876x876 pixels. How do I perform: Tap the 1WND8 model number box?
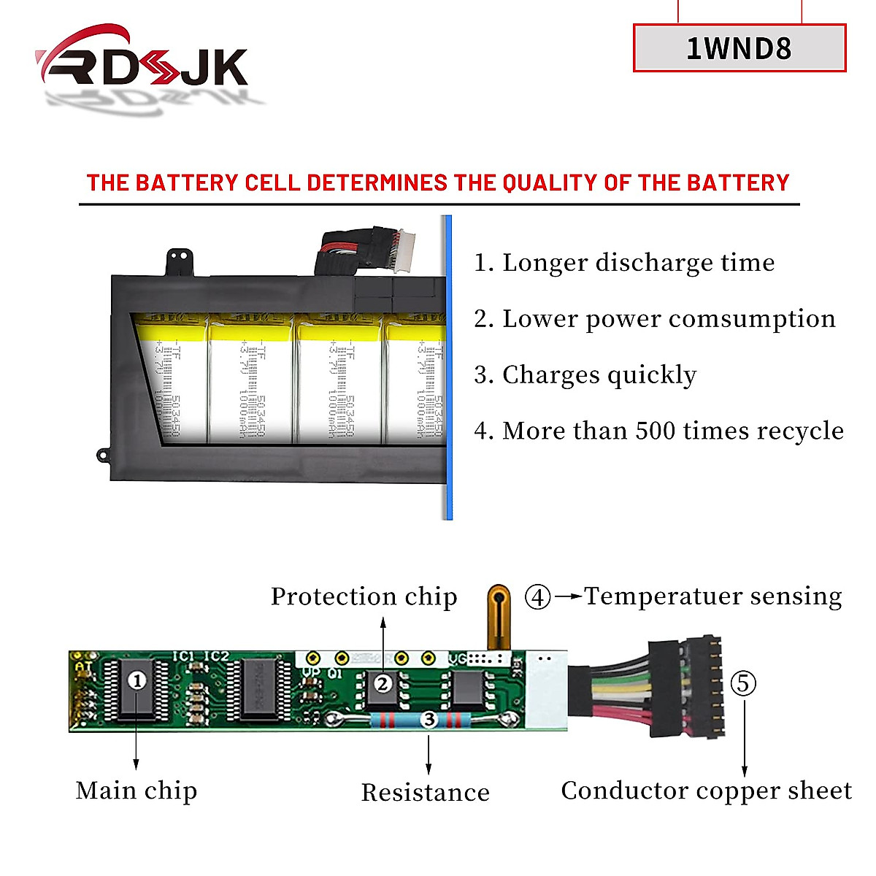739,48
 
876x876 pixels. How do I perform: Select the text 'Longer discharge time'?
639,263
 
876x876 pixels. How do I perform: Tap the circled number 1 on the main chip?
137,680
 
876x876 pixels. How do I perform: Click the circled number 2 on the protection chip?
383,684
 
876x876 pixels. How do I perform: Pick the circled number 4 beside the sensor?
538,597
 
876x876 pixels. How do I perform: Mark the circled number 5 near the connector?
743,684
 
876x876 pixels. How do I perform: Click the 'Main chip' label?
137,791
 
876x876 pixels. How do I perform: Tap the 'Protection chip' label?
364,596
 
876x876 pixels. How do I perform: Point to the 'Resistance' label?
426,793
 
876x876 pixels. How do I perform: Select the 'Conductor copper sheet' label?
706,791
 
